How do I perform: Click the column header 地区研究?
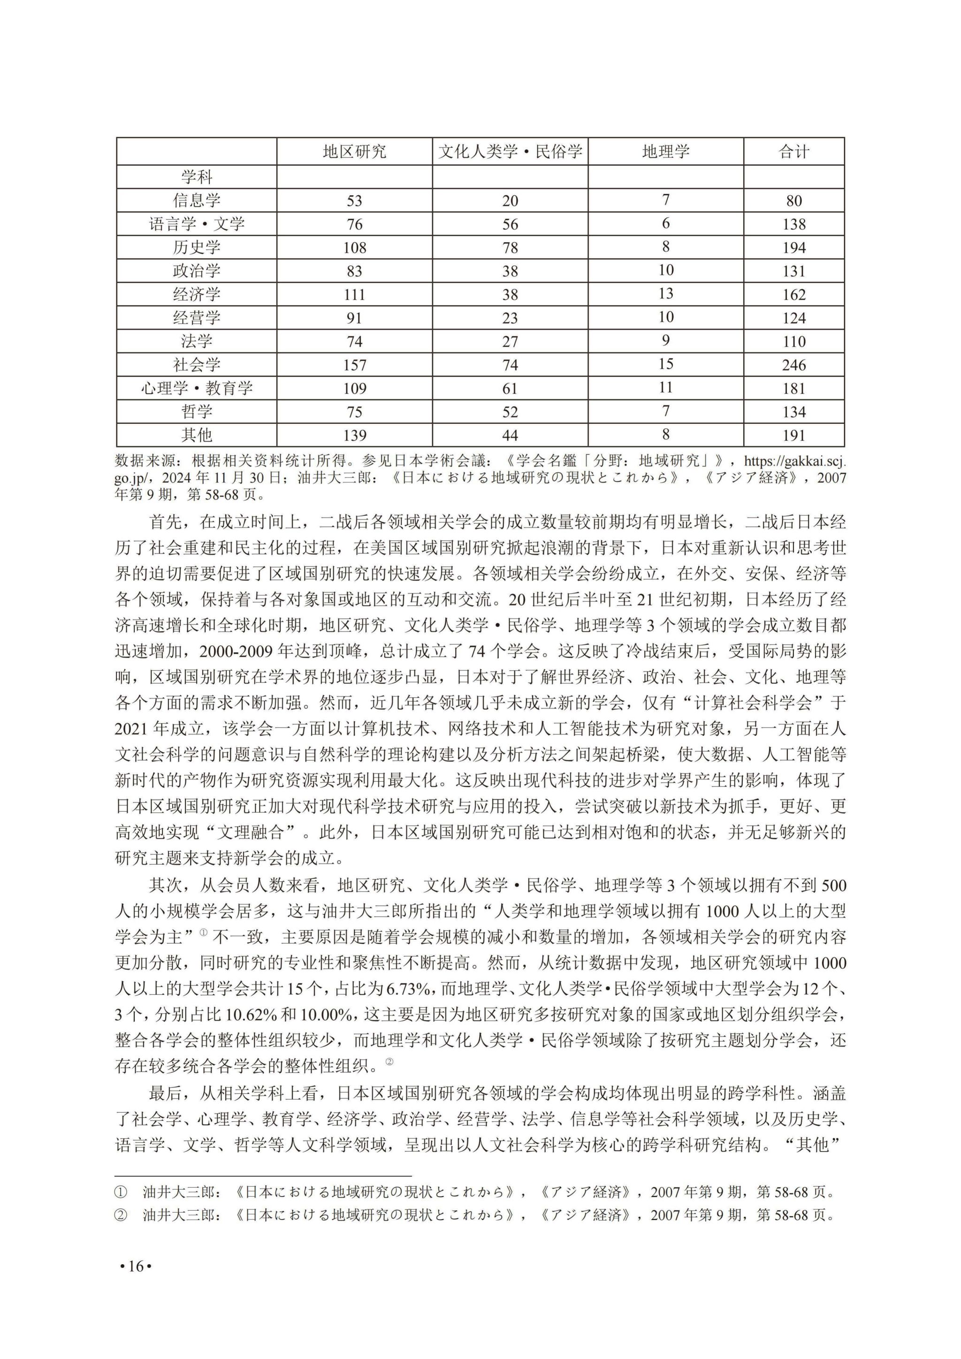click(354, 152)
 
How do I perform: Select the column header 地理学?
click(666, 152)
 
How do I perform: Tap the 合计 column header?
click(793, 152)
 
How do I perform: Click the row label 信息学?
click(197, 200)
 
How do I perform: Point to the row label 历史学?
click(197, 247)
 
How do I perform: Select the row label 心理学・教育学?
click(197, 388)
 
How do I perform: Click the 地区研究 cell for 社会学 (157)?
click(354, 365)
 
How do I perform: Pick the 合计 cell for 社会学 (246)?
click(793, 365)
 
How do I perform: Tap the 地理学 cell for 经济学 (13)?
click(666, 294)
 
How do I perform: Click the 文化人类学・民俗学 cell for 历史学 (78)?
click(510, 247)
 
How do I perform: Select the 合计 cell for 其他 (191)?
click(793, 435)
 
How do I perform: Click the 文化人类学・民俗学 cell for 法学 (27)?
click(510, 342)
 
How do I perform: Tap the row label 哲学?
click(197, 412)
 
